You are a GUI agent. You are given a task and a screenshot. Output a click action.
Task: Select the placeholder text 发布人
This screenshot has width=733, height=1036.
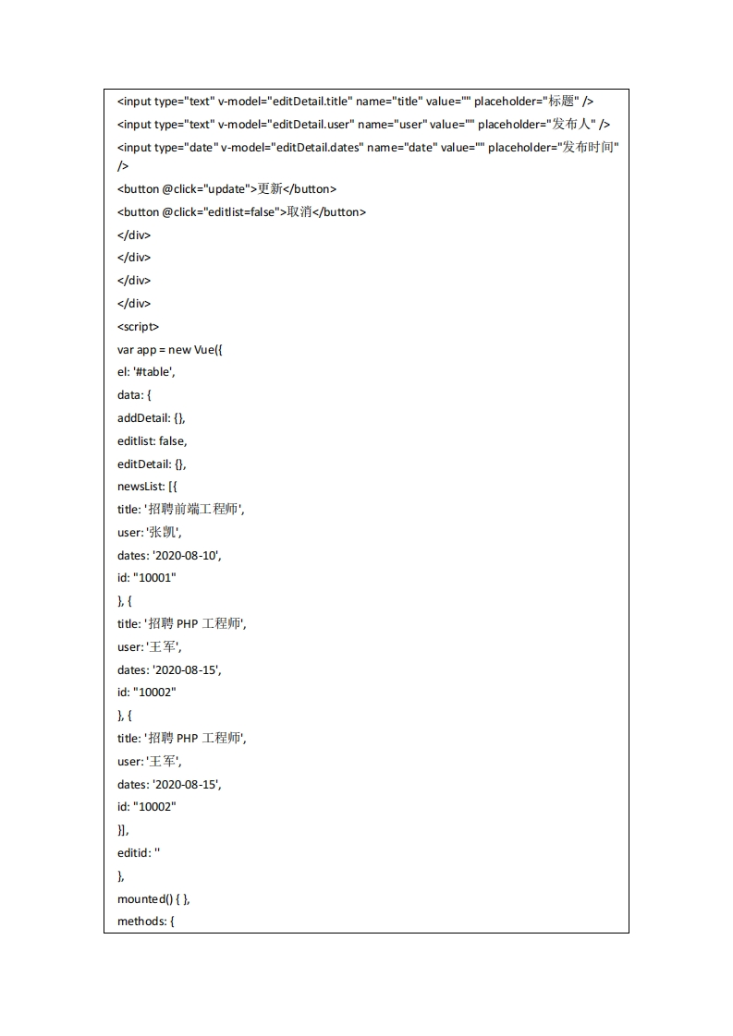point(574,125)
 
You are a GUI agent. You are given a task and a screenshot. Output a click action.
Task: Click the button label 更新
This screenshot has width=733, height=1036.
point(269,189)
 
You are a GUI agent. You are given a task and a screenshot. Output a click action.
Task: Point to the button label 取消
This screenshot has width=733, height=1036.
point(299,212)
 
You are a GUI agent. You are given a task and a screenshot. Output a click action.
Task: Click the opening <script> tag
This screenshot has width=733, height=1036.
point(139,326)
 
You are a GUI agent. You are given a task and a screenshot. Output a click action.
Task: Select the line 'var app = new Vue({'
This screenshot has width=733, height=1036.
point(170,349)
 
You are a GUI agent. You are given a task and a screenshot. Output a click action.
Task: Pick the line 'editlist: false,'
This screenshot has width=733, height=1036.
point(152,441)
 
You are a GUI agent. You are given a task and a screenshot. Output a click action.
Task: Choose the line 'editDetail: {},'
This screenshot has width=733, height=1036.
point(152,464)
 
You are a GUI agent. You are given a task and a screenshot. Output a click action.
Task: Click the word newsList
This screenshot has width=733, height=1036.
point(139,487)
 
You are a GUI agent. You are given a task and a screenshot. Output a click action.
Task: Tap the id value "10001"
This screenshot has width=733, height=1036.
point(154,578)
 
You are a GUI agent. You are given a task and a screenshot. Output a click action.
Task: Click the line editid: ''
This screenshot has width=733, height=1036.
point(139,852)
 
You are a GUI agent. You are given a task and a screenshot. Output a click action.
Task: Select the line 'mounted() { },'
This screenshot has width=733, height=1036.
point(153,898)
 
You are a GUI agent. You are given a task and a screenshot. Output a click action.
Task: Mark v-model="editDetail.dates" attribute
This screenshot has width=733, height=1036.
point(291,148)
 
